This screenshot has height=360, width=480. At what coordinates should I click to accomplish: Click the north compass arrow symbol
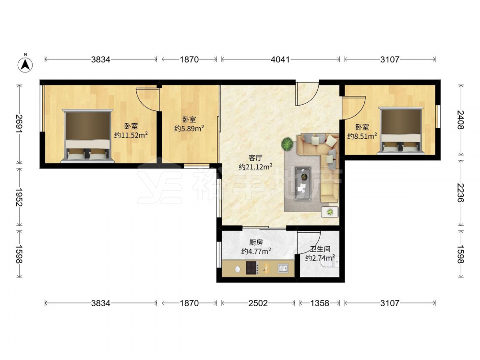25,64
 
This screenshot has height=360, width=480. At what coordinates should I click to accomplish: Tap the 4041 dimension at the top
280,60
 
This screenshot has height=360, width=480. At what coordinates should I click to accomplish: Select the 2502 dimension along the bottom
258,303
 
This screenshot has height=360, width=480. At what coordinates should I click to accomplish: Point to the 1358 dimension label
320,303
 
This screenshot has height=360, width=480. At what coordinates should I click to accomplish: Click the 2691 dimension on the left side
19,124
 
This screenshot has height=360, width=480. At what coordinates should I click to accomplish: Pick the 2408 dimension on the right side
460,120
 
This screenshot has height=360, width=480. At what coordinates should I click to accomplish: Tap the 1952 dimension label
19,198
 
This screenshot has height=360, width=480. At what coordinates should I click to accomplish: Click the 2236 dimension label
460,193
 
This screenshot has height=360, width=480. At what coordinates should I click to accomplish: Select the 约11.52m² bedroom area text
131,135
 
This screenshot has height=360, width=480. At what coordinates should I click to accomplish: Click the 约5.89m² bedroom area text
189,128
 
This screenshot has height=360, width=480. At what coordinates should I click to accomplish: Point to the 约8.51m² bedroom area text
362,136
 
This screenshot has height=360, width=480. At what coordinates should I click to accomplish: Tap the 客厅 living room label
255,158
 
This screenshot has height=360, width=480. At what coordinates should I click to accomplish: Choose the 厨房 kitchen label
256,242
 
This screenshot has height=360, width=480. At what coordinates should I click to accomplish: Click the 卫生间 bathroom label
320,249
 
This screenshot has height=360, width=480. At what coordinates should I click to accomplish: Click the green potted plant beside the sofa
287,144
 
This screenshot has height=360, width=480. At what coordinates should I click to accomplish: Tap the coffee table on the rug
302,184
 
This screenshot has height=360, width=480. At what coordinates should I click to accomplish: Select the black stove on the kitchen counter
252,268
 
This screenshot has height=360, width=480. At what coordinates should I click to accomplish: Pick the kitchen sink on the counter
283,268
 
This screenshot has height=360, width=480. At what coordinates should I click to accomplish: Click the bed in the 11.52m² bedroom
87,136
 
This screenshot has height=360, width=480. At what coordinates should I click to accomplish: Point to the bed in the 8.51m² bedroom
401,131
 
